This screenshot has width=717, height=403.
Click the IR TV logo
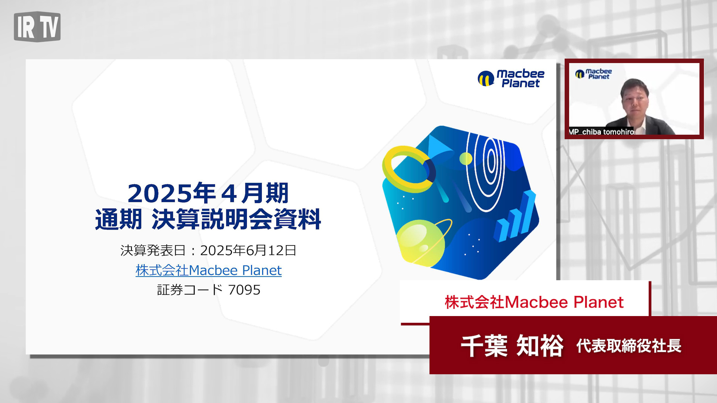(x=37, y=26)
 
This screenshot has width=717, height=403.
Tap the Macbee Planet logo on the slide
(x=511, y=78)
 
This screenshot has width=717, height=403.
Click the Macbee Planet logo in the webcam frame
(x=593, y=74)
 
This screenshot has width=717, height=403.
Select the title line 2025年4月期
(x=208, y=193)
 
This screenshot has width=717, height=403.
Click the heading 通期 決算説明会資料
(x=208, y=219)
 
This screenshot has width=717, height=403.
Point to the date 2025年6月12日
(x=248, y=250)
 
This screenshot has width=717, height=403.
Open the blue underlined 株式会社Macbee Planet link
(x=208, y=270)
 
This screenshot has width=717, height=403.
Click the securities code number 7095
(x=244, y=290)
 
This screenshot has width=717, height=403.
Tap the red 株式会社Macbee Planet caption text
(x=534, y=302)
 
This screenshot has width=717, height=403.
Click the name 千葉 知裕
(x=512, y=346)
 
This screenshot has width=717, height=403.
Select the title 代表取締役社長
(x=629, y=346)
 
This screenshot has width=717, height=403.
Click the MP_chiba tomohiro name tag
(x=601, y=131)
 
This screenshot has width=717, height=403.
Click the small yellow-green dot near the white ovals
(x=466, y=159)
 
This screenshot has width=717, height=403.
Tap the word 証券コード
(x=190, y=290)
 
